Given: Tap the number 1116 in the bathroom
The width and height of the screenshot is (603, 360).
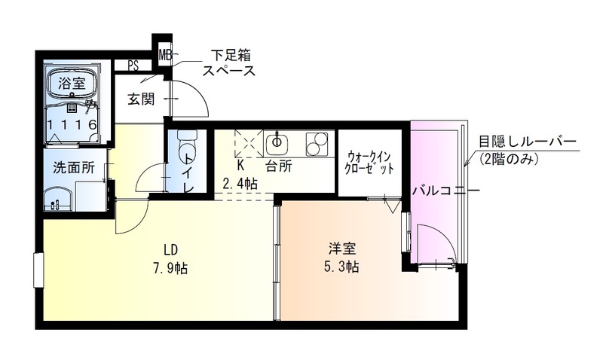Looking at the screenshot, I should [72, 124].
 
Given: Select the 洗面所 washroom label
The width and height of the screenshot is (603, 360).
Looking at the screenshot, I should [73, 168].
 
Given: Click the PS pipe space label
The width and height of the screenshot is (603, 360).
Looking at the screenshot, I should [133, 65].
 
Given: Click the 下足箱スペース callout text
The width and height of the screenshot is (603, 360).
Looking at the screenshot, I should [230, 63].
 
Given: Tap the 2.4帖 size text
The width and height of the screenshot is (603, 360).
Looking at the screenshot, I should [240, 182].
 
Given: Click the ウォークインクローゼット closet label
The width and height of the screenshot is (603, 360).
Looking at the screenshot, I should [370, 163].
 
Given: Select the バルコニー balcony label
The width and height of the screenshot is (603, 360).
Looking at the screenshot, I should [445, 191].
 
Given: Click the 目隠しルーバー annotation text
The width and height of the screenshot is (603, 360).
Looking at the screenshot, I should [527, 142].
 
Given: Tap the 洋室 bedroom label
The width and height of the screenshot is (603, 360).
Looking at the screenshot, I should [342, 248].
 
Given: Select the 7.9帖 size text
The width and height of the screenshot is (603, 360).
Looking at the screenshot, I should [171, 269].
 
